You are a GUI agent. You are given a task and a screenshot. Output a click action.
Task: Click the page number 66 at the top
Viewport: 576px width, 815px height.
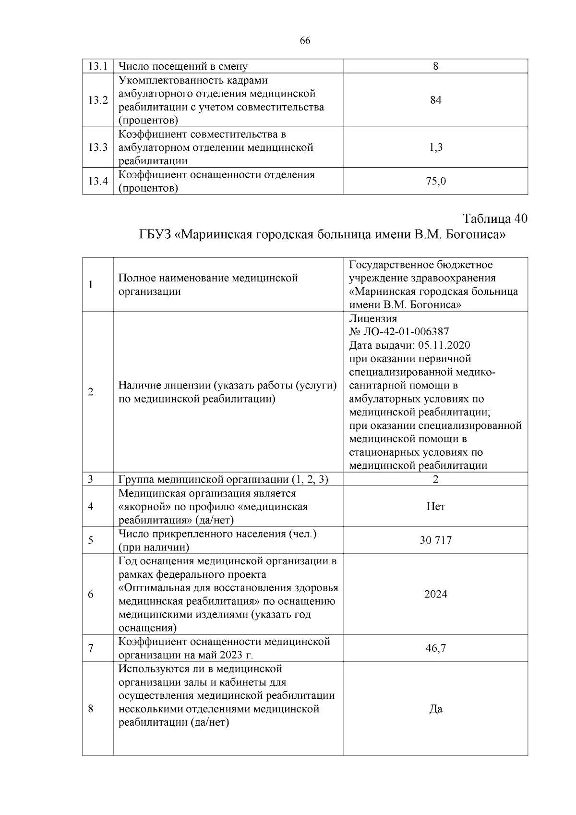305,41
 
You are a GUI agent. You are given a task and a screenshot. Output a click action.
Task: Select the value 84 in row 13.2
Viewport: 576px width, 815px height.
435,100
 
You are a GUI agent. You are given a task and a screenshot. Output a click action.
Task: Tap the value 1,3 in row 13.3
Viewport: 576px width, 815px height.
435,147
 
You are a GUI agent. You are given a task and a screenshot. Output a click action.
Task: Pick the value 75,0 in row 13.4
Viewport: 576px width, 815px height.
435,181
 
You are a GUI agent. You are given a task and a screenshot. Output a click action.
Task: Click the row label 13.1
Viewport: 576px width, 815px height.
97,66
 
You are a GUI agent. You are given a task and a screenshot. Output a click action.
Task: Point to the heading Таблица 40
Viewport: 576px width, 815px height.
495,219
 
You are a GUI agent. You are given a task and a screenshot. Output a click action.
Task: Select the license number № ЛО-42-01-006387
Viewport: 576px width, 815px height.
399,332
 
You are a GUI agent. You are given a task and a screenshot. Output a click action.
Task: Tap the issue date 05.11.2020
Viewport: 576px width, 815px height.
444,345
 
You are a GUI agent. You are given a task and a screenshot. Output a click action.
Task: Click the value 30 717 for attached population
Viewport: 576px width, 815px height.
435,540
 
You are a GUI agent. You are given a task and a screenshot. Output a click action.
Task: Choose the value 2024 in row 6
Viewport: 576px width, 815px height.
435,595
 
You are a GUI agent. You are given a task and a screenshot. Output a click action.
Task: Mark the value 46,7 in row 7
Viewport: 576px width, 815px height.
435,648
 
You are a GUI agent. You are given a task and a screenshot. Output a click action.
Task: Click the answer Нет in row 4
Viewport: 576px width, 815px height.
435,507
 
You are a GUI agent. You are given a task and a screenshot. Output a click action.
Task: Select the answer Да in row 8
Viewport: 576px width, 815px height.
435,709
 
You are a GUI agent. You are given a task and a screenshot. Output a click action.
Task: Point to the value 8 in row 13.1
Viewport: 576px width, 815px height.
435,66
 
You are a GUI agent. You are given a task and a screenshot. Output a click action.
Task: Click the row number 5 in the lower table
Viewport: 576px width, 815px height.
91,540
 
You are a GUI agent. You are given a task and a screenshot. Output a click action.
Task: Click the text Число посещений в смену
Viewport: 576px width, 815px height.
183,66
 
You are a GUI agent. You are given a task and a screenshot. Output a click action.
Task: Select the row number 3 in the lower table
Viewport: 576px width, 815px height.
91,479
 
